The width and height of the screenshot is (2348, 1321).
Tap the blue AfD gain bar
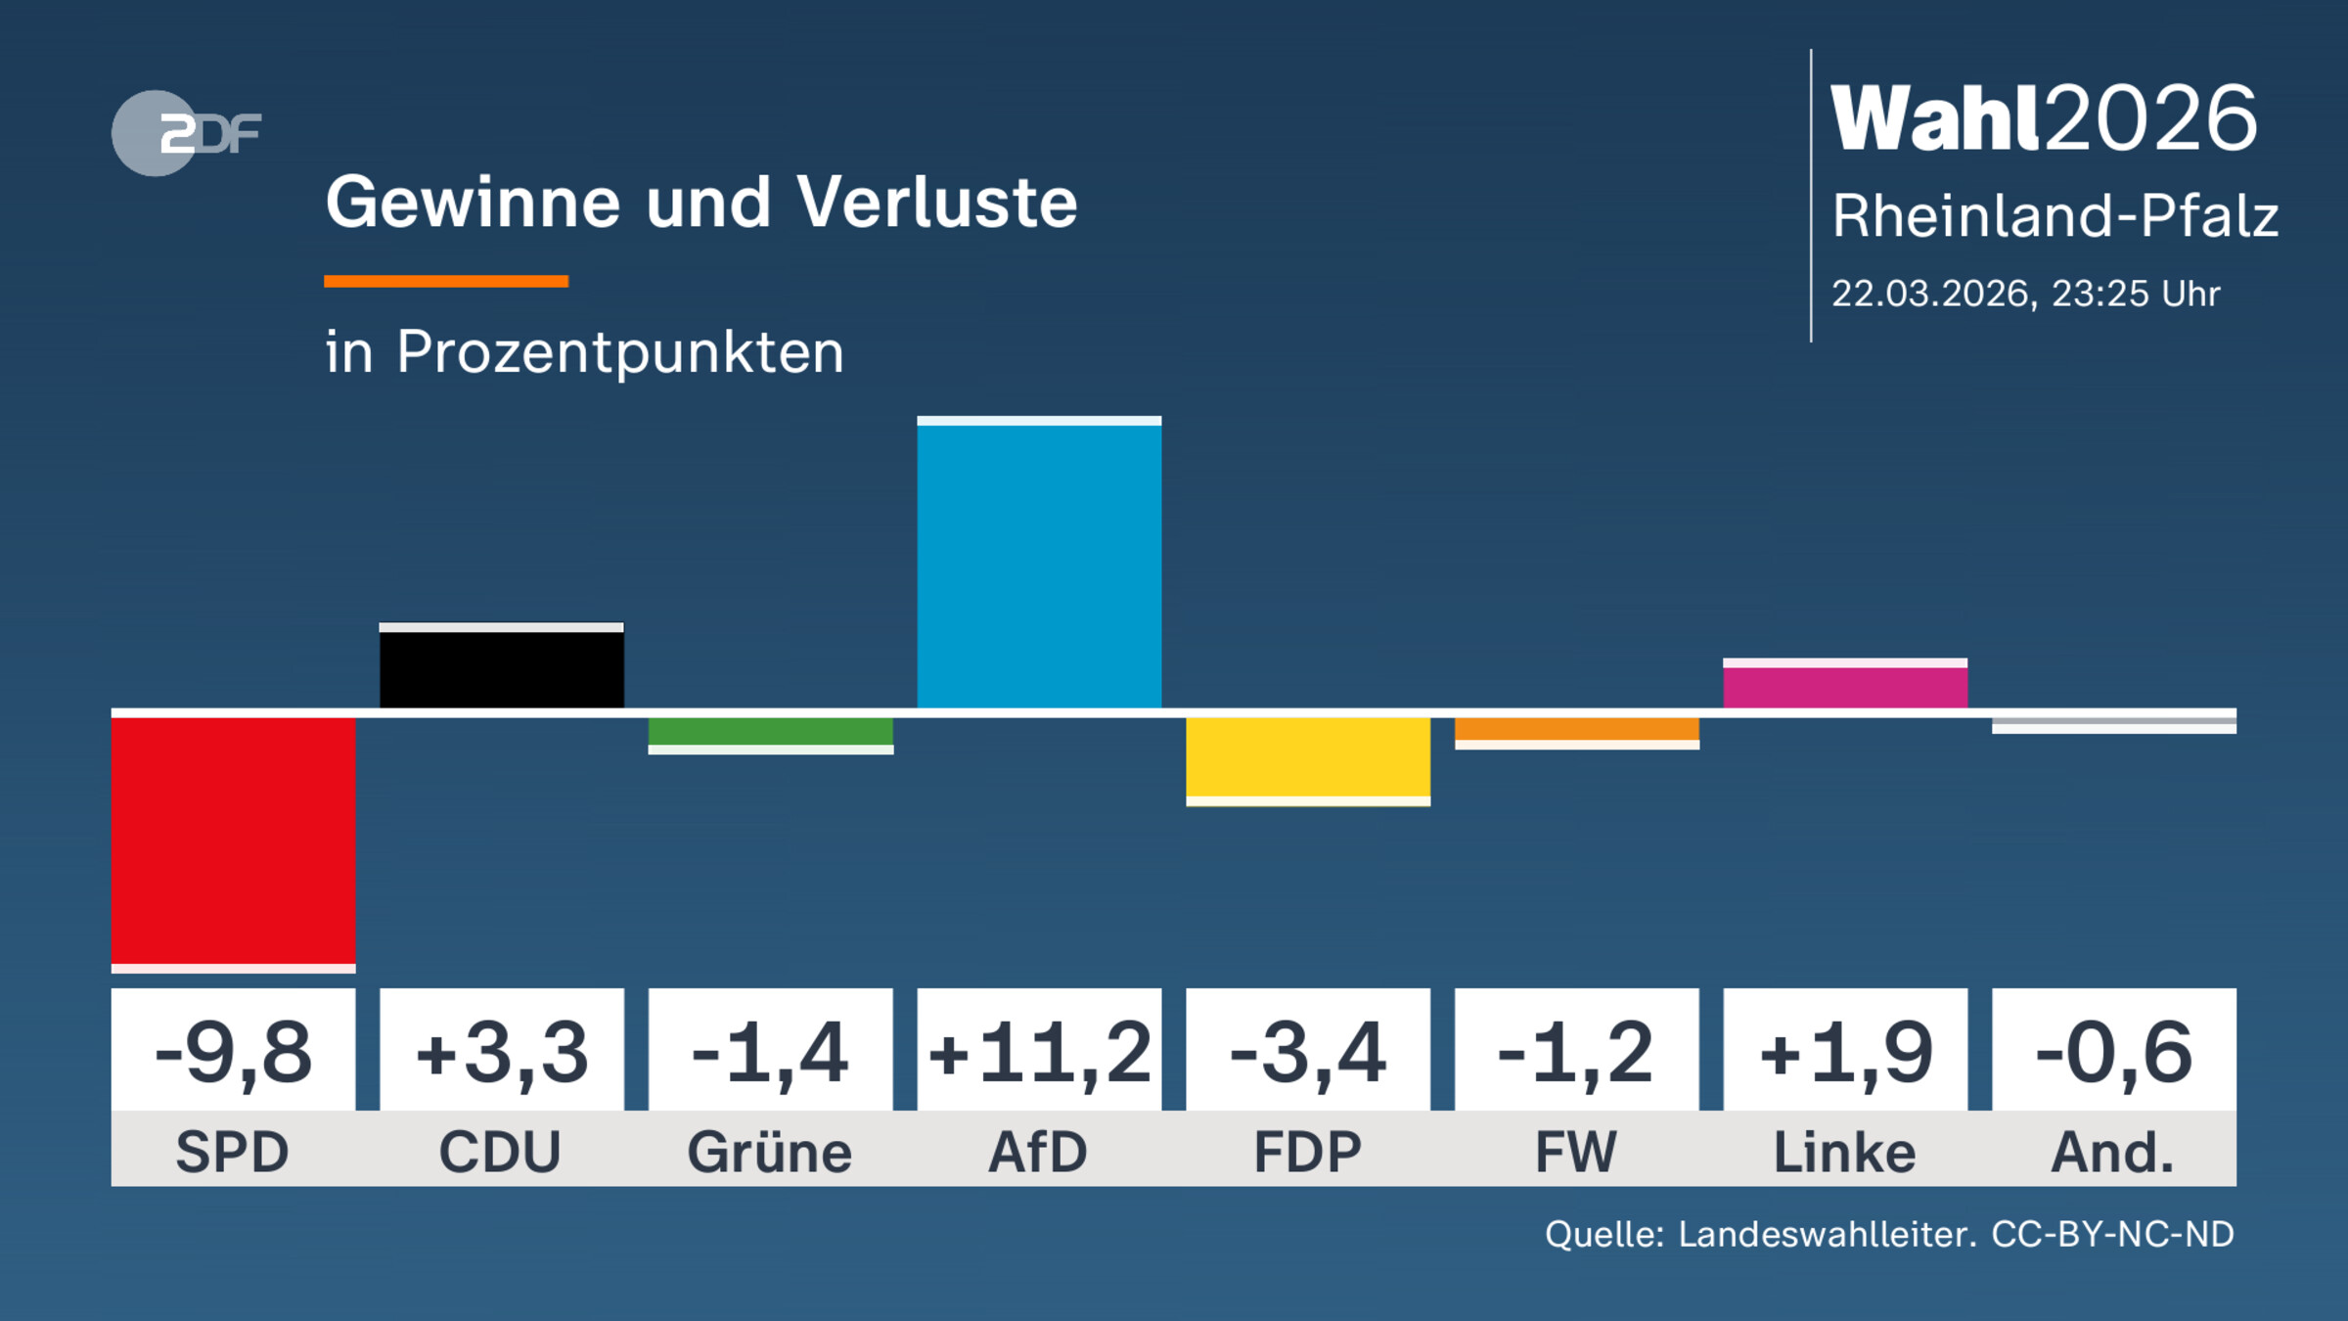pos(1039,566)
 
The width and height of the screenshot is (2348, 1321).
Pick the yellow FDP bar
pos(1308,758)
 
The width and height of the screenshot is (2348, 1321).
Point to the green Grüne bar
pos(770,733)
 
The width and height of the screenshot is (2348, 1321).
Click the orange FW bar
pos(1576,730)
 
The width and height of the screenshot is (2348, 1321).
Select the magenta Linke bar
pos(1844,685)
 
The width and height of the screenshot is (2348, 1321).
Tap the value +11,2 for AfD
pos(1039,1052)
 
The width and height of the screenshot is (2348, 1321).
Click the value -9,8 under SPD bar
pos(233,1052)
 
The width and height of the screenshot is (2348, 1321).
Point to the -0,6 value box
pos(2113,1052)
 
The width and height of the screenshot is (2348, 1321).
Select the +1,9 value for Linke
pos(1844,1052)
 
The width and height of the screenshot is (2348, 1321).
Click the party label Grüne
pos(770,1152)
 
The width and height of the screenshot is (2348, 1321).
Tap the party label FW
pos(1576,1152)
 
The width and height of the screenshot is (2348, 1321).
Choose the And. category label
pos(2113,1152)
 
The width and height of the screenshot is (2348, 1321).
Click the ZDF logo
pos(186,133)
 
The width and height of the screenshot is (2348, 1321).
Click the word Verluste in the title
pos(936,203)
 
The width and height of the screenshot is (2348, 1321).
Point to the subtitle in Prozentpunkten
pos(584,351)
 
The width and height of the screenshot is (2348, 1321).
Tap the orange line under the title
pos(446,282)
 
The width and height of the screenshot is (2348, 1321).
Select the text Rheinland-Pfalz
pos(2054,216)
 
